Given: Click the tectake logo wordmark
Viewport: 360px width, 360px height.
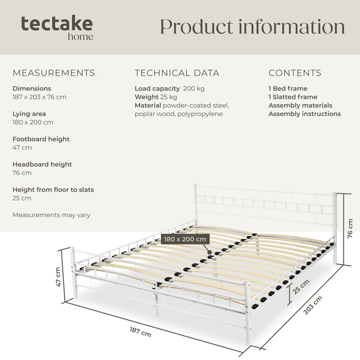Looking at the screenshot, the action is pos(57,24).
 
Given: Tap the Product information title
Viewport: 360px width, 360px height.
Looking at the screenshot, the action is pos(252,27).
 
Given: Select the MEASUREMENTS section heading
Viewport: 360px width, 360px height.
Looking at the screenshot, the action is pos(54,73).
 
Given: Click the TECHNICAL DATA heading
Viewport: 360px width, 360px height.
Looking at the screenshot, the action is pos(177,73).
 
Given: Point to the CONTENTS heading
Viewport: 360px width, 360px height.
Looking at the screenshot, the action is pos(295,73).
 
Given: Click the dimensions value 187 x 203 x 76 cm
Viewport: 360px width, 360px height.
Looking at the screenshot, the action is pos(39,97).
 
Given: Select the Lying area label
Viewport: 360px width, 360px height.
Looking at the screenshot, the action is pos(29,114).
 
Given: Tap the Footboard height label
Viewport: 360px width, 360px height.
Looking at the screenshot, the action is pos(41,139).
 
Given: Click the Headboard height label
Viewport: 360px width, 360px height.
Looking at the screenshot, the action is pos(42,164).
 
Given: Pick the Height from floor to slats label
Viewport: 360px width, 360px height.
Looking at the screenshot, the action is pos(53,189).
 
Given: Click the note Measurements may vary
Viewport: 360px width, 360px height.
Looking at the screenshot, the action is pos(51,215).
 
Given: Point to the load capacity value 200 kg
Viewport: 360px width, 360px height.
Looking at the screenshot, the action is pos(194,89).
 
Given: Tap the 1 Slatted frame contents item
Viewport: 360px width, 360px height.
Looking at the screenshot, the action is pos(293,97).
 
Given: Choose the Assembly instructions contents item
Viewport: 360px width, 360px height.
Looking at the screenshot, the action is pos(305,114).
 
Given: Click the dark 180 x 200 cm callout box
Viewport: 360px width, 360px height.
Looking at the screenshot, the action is pos(185,239).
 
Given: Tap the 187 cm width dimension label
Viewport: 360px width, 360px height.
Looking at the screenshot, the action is pos(140,332).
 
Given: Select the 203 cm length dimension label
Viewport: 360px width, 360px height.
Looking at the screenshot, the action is pos(312,305).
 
